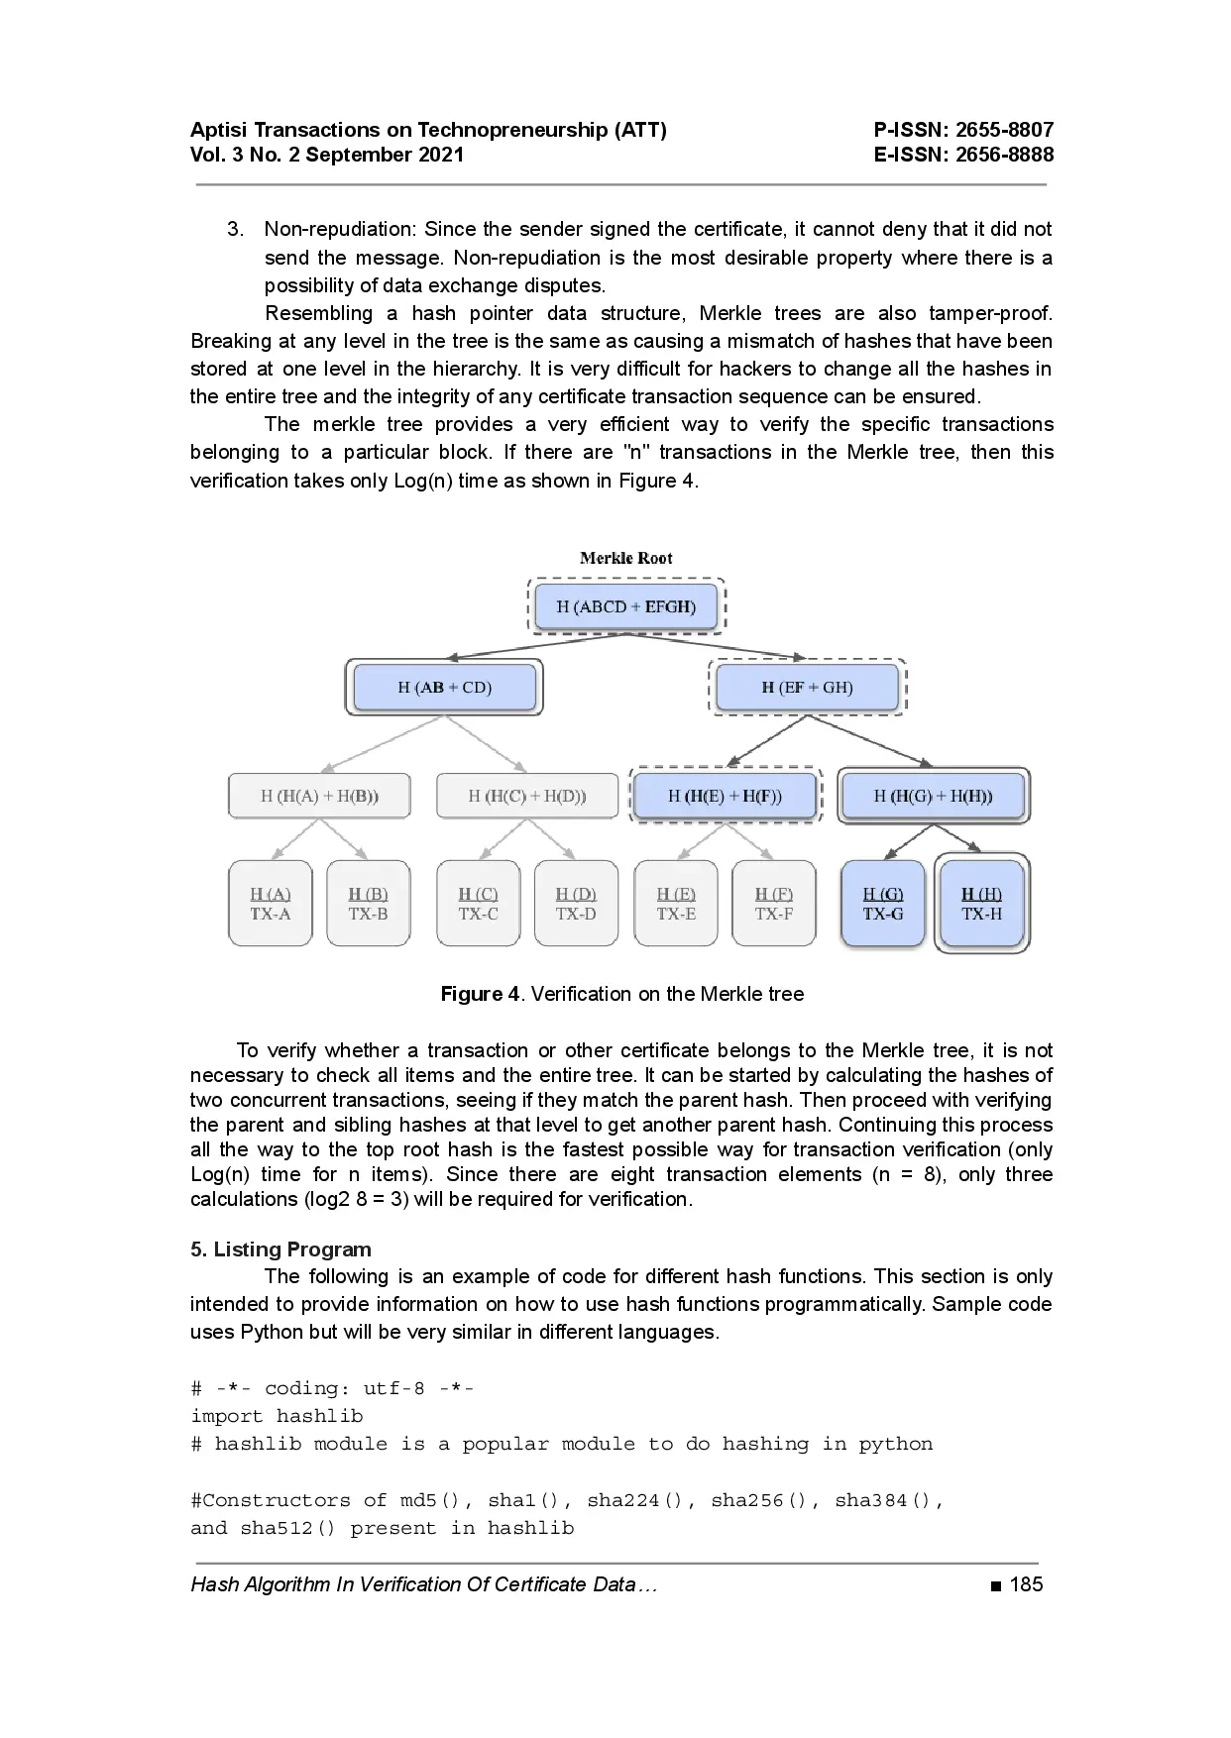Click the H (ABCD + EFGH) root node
coord(625,606)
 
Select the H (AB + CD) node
coord(444,687)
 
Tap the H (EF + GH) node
coord(807,687)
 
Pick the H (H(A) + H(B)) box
coord(319,796)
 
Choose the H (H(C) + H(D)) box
coord(526,796)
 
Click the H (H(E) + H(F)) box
coord(725,796)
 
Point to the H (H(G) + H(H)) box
coord(933,796)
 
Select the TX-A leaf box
coord(270,904)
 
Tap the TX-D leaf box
coord(576,904)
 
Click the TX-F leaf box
coord(774,904)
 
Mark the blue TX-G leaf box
coord(883,904)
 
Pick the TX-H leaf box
coord(982,904)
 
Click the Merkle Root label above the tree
coord(625,558)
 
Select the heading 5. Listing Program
coord(280,1249)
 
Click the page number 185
coord(1026,1584)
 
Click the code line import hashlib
coord(277,1416)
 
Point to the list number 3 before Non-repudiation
coord(235,229)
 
